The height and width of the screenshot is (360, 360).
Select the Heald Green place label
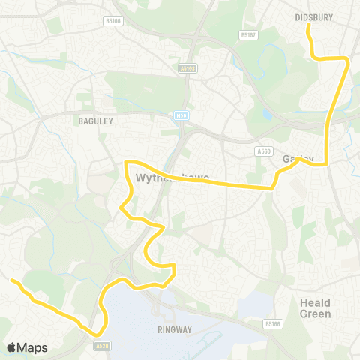[316, 307]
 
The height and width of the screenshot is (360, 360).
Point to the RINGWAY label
[175, 329]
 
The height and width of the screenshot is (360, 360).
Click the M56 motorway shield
[181, 115]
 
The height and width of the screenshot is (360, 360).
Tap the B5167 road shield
[249, 34]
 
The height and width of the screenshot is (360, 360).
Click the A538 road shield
[103, 346]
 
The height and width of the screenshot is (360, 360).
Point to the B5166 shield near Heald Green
[273, 324]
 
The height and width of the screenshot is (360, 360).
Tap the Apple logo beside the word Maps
[11, 347]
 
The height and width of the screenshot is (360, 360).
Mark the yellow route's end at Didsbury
[307, 26]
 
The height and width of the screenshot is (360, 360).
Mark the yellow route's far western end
[12, 280]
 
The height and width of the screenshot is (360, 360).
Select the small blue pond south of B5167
[268, 114]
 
